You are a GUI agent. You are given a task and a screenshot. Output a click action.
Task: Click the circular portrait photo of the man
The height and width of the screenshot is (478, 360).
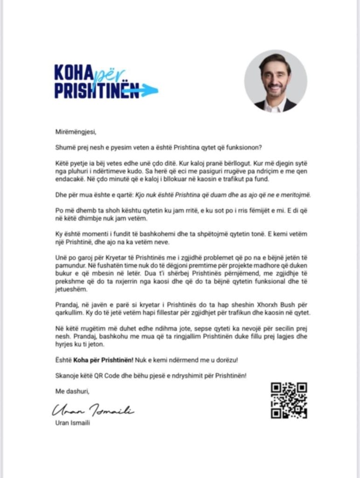click(275, 81)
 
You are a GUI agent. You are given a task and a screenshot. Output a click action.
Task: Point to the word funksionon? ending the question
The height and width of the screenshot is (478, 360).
click(242, 148)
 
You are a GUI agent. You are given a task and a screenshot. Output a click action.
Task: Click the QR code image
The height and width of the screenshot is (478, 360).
click(289, 400)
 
